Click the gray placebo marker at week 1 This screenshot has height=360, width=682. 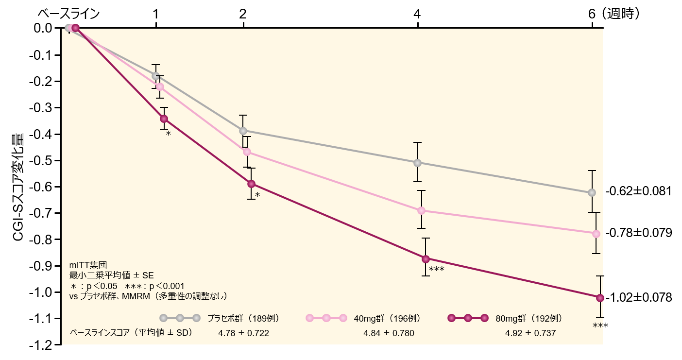pos(155,76)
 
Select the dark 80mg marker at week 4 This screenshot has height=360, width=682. pos(426,258)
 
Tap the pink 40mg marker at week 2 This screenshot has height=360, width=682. pos(247,152)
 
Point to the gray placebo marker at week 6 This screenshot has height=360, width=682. pos(592,192)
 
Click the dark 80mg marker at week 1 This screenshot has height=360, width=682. pos(164,119)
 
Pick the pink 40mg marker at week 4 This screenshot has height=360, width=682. pos(421,210)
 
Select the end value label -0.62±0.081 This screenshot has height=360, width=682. pos(638,191)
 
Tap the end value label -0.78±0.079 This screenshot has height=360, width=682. pos(638,233)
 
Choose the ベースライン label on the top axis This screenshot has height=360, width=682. pos(68,14)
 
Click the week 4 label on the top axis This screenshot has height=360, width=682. pos(417,14)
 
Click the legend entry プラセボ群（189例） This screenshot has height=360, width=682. pos(243,318)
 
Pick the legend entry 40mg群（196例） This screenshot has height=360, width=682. pos(387,318)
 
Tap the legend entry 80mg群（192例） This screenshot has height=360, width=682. pos(529,318)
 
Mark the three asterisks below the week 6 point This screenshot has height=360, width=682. pos(600,326)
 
